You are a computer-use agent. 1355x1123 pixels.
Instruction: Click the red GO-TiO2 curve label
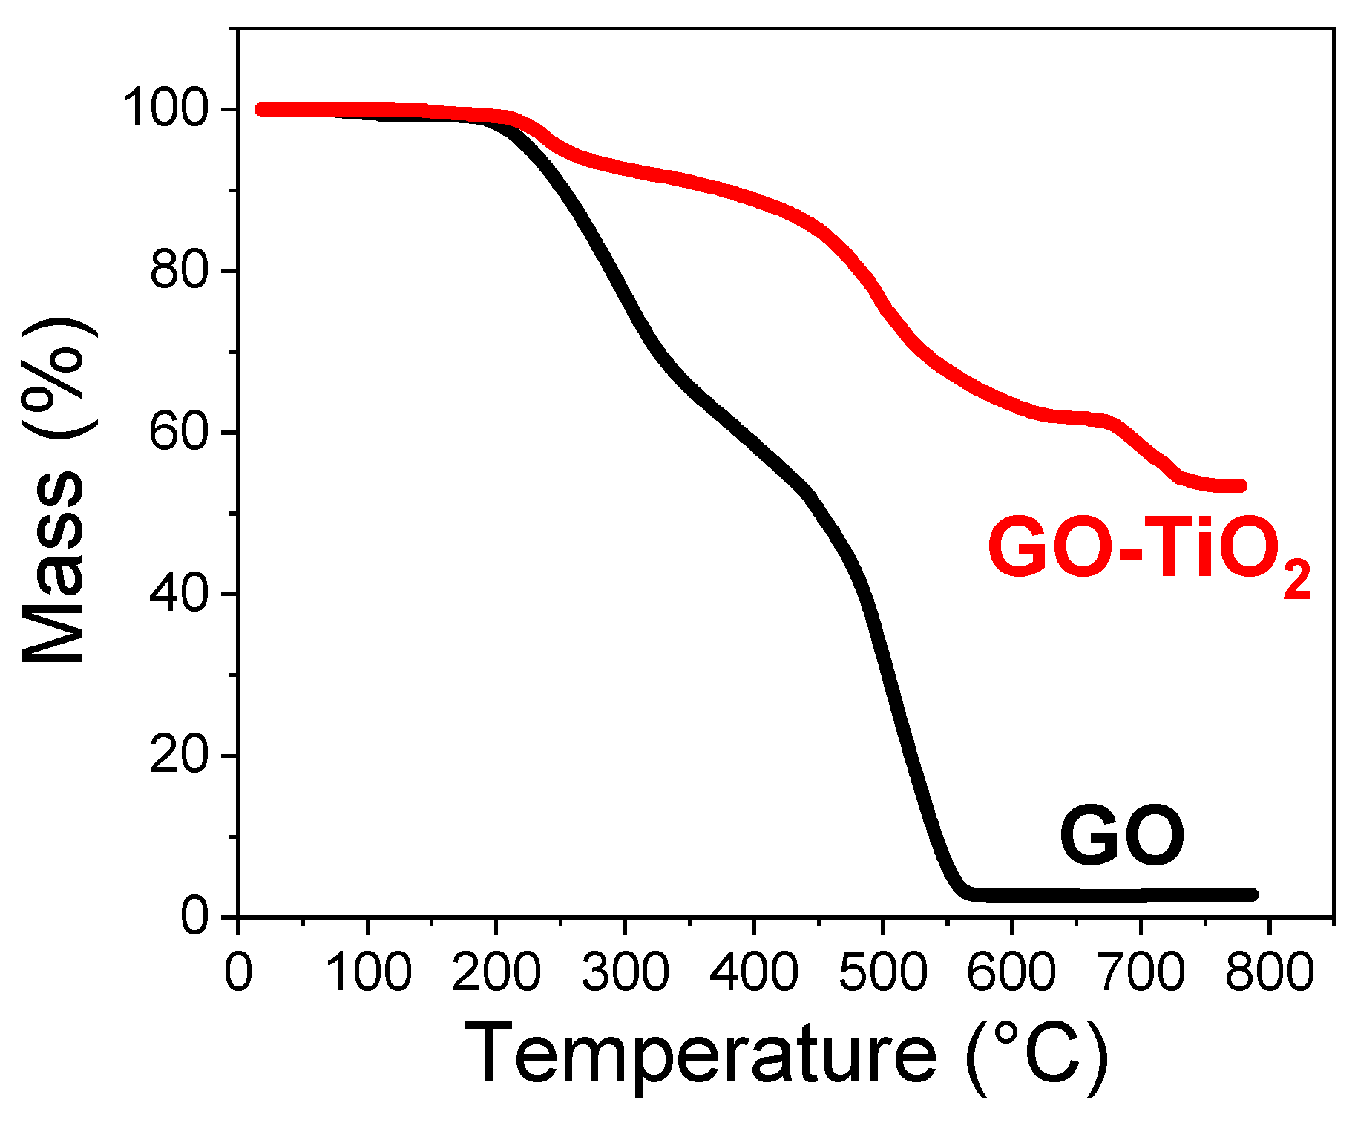click(x=1149, y=550)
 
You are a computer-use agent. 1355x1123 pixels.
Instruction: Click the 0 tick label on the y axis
click(x=194, y=917)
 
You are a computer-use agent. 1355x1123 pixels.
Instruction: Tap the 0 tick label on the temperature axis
click(x=238, y=972)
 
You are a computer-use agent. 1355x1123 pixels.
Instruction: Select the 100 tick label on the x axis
click(x=367, y=972)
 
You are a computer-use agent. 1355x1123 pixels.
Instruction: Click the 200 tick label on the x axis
click(x=496, y=972)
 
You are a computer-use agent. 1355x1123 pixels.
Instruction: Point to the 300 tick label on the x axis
click(x=625, y=972)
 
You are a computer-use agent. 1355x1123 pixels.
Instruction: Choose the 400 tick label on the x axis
click(x=754, y=972)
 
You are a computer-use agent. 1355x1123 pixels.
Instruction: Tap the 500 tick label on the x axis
click(x=883, y=972)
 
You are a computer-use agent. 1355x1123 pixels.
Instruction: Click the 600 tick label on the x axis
click(x=1011, y=972)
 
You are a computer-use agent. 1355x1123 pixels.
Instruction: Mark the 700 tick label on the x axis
click(x=1141, y=972)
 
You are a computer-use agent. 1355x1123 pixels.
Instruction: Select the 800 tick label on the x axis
click(x=1270, y=972)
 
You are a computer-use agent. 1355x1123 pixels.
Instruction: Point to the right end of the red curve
click(x=1241, y=486)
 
